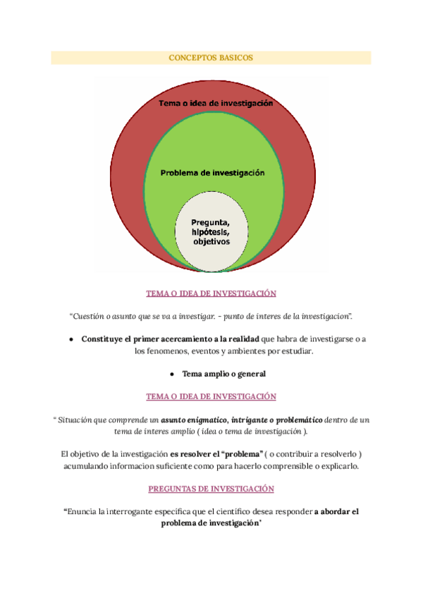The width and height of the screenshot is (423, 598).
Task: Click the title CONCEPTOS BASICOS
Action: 211,58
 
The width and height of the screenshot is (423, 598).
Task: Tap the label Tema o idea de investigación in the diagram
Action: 215,104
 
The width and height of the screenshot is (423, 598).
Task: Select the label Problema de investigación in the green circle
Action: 212,172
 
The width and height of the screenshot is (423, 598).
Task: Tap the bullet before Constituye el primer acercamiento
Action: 72,339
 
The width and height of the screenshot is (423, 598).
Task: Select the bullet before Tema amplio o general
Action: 172,374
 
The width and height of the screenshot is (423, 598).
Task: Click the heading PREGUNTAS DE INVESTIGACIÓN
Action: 211,489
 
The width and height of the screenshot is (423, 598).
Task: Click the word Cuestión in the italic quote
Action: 89,315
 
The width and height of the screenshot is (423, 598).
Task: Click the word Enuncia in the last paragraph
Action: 81,511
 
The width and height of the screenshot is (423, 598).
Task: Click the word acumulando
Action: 86,466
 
